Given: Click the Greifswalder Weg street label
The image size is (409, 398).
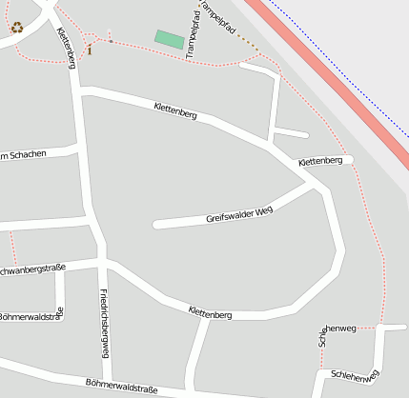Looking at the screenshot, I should click(239, 214).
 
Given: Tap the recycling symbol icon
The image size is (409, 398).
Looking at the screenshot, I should click(17, 28).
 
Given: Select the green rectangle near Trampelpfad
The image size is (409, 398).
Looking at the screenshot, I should click(170, 39).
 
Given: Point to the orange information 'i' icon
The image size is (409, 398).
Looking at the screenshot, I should click(90, 49).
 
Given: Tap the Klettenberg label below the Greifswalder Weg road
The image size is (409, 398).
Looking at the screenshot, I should click(210, 313).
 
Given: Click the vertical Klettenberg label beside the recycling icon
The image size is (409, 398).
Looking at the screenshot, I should click(66, 48).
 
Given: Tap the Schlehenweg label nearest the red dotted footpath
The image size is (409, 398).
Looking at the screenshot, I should click(340, 329).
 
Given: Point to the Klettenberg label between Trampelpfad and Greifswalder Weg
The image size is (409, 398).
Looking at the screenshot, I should click(174, 110).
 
